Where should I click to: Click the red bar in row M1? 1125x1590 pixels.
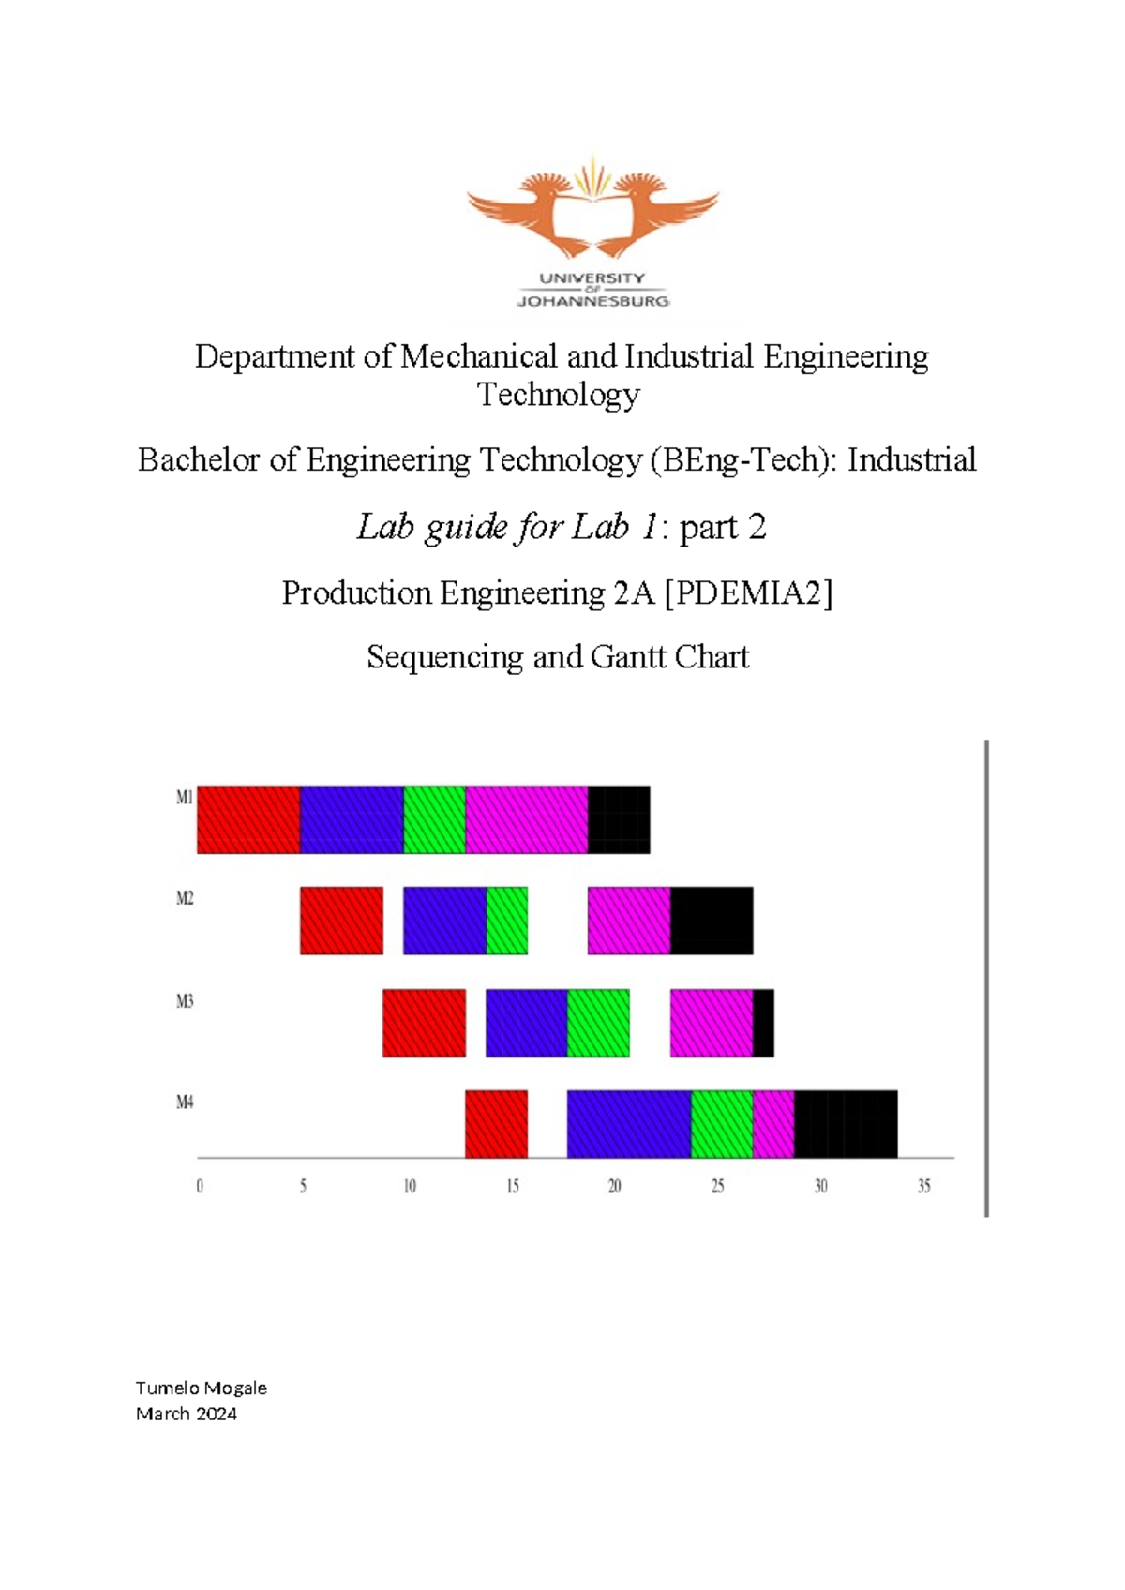[248, 819]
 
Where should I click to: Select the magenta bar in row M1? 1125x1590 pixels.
[527, 819]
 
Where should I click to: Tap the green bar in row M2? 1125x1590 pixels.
[507, 921]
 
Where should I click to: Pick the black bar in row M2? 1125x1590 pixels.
[712, 921]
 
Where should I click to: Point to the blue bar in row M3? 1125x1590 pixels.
[527, 1023]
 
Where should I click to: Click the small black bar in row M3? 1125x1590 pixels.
[764, 1023]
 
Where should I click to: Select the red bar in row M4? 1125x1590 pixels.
[496, 1124]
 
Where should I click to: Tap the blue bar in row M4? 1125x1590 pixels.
[629, 1124]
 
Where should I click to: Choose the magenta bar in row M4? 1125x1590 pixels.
[773, 1124]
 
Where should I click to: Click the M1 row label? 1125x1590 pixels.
[185, 798]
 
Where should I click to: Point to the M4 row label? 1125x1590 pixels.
[185, 1102]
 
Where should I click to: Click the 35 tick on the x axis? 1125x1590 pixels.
[924, 1187]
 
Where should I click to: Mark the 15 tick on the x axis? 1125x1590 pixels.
[513, 1187]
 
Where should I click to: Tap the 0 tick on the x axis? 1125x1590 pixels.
[200, 1187]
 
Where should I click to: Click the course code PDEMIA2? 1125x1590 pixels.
[748, 593]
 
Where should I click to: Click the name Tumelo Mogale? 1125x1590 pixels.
[202, 1387]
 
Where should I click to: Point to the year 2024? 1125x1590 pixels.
[216, 1414]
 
